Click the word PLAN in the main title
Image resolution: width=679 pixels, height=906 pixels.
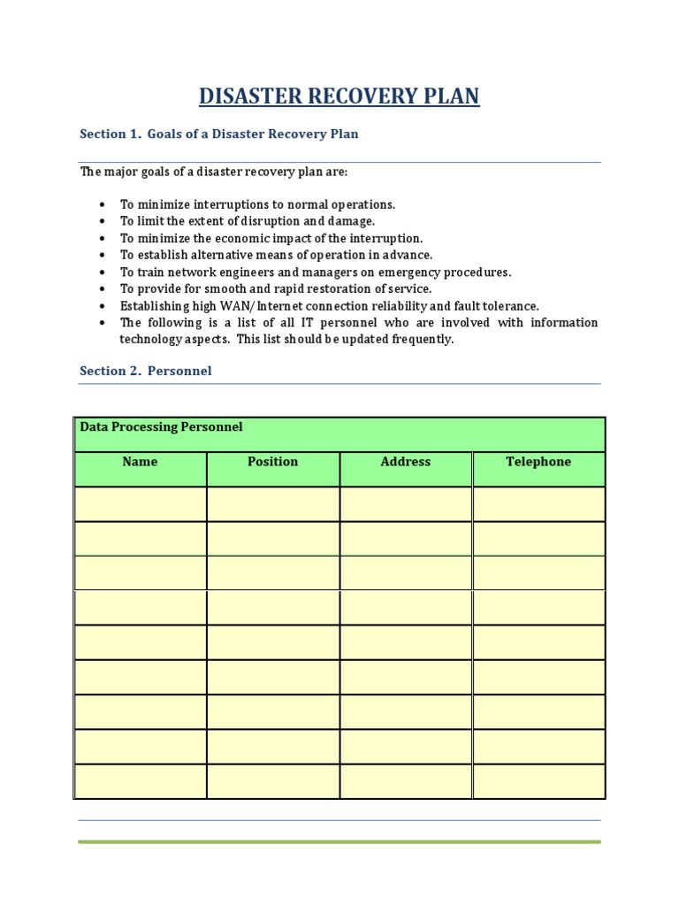(x=450, y=96)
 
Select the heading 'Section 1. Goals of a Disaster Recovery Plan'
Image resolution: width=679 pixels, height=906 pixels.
(x=218, y=134)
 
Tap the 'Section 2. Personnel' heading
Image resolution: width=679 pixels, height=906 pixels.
(x=145, y=371)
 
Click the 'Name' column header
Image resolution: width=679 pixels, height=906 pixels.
(x=140, y=462)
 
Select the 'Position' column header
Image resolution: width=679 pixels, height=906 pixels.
(x=272, y=462)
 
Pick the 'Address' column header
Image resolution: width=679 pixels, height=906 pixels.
(x=405, y=462)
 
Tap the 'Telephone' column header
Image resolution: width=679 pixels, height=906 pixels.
(x=538, y=462)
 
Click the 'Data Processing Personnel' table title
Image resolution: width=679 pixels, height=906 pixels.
(x=161, y=427)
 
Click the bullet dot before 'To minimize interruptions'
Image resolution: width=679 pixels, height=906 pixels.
(x=103, y=204)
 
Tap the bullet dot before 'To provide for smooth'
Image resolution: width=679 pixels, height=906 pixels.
(x=103, y=289)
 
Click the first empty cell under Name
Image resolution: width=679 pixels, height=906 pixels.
(x=140, y=504)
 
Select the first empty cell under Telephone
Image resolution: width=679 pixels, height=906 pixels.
(x=538, y=504)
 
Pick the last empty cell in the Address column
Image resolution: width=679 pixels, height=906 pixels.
(x=405, y=781)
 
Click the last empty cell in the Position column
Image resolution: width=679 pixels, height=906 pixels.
(x=272, y=781)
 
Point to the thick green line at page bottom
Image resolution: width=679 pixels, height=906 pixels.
(x=339, y=841)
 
